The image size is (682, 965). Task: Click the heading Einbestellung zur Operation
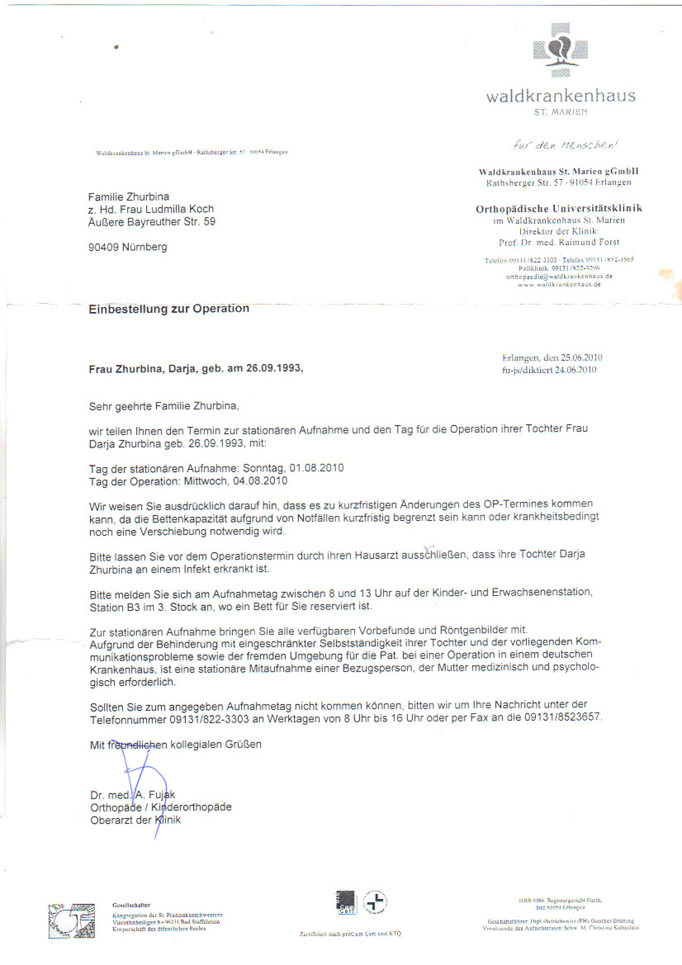(x=169, y=309)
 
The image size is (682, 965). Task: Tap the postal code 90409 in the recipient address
(x=103, y=247)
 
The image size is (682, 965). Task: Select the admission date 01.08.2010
(x=317, y=468)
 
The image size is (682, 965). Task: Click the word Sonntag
(x=264, y=468)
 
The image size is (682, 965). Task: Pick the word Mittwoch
(x=205, y=481)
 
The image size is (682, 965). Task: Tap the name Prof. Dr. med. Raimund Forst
(x=559, y=242)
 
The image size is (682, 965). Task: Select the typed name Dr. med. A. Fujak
(x=133, y=795)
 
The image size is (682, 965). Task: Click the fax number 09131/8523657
(x=563, y=717)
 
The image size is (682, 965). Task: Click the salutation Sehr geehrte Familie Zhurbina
(x=164, y=406)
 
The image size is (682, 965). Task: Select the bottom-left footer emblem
(x=72, y=921)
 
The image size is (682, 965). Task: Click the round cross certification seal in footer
(x=375, y=902)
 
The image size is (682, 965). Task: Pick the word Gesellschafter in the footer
(x=131, y=905)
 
